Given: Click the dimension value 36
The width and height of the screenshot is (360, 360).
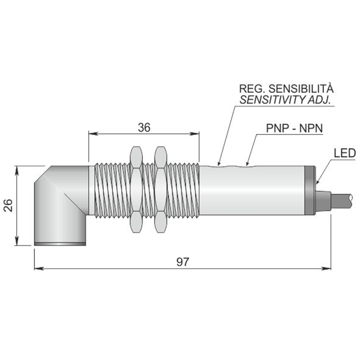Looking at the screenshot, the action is [144, 127].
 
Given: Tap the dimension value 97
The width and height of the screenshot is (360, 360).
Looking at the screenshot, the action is [183, 262].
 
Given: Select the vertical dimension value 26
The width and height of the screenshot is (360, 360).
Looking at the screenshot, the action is [8, 205].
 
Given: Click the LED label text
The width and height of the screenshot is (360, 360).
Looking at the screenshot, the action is [345, 153].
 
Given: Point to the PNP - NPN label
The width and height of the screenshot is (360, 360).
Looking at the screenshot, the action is [294, 128].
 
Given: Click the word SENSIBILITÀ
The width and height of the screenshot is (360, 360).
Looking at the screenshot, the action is [301, 88].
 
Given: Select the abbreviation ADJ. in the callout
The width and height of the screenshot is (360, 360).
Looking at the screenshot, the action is [319, 100].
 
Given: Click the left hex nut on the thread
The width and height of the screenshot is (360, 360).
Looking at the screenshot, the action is [136, 189].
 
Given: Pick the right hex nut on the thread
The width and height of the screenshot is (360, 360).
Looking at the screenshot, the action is [160, 189].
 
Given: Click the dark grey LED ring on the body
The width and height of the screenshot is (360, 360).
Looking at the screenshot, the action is [310, 190].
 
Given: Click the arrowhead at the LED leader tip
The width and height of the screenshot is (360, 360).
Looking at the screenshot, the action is [317, 181].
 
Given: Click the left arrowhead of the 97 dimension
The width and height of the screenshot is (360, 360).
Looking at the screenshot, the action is [39, 268].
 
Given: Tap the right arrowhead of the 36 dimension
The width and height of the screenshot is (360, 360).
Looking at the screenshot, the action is [194, 134].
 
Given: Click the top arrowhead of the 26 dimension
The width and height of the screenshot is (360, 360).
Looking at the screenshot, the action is [16, 171].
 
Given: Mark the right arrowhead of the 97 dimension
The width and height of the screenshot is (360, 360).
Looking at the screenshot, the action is [326, 268].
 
